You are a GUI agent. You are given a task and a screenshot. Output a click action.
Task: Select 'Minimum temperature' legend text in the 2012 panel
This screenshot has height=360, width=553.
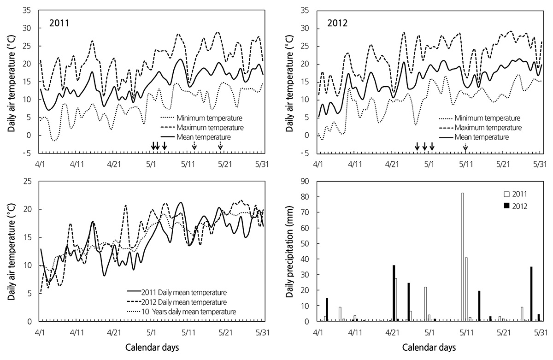tap(488, 118)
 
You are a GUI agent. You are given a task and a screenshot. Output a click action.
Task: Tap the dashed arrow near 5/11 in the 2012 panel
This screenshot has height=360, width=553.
tap(465, 147)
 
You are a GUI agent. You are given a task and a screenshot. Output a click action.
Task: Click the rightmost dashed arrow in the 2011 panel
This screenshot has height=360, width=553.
tap(220, 145)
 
